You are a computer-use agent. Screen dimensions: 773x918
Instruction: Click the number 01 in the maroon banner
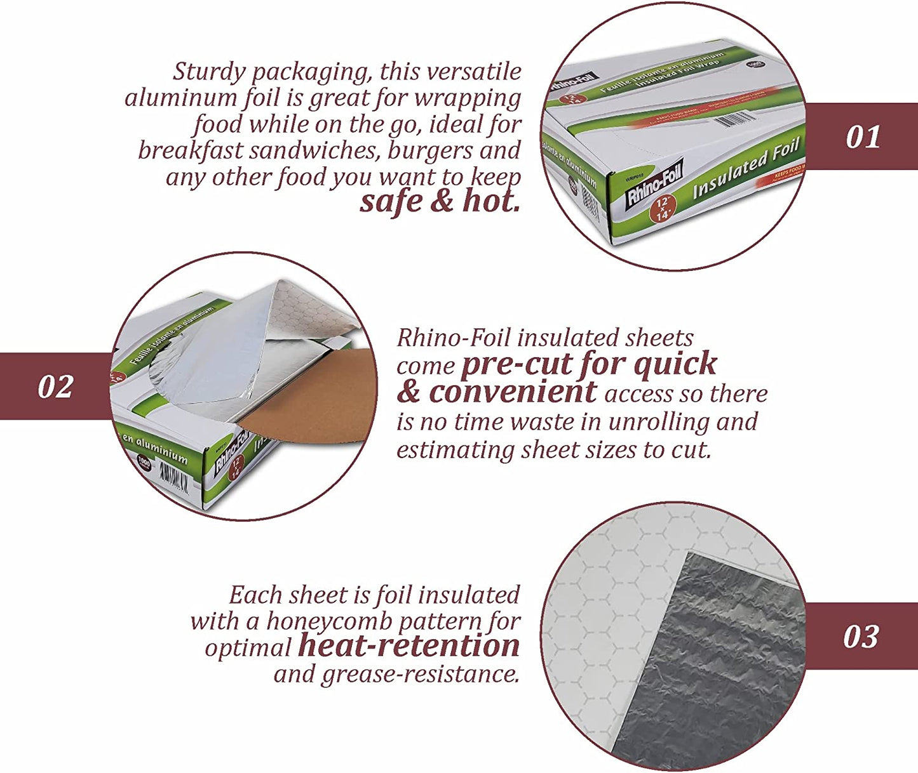click(863, 137)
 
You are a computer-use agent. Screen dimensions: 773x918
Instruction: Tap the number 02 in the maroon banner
click(55, 387)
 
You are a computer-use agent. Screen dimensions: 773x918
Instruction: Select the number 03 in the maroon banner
click(860, 637)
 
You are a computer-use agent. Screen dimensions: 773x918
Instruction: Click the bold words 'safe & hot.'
click(440, 202)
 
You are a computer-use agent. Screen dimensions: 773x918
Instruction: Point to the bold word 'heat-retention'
click(408, 646)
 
